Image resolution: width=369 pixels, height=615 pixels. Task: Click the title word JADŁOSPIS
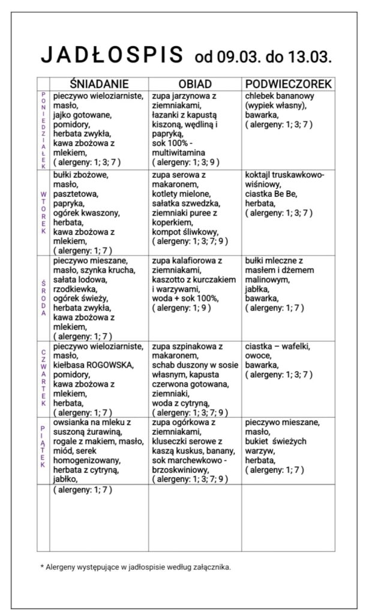point(112,55)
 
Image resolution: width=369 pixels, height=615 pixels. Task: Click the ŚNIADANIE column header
point(98,84)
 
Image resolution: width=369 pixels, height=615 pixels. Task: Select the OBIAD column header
point(195,84)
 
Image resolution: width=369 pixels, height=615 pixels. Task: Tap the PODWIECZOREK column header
point(288,84)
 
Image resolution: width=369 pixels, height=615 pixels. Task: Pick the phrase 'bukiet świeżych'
point(277,441)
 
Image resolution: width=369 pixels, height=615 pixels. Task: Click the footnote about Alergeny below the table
point(135,566)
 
